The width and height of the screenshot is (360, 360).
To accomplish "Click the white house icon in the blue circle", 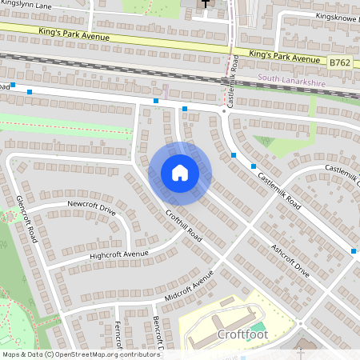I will [x=180, y=173].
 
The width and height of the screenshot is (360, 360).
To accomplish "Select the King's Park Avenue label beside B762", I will [x=284, y=58].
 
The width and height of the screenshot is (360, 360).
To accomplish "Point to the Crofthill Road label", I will [x=184, y=227].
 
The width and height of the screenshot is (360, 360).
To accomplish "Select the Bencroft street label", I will [x=158, y=333].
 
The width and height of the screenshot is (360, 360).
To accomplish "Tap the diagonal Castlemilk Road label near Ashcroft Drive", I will [x=282, y=192].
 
